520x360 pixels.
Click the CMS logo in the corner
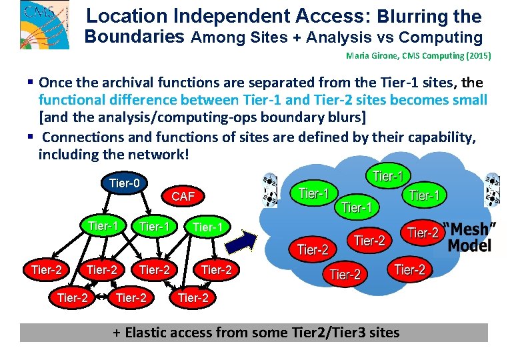[x=44, y=24]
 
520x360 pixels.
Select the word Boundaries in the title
[x=134, y=37]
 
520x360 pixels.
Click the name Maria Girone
[x=369, y=57]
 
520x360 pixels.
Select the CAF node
[x=183, y=197]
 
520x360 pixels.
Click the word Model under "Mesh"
[x=469, y=245]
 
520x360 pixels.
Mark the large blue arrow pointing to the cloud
[x=245, y=241]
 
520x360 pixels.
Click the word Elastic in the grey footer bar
[x=153, y=333]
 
